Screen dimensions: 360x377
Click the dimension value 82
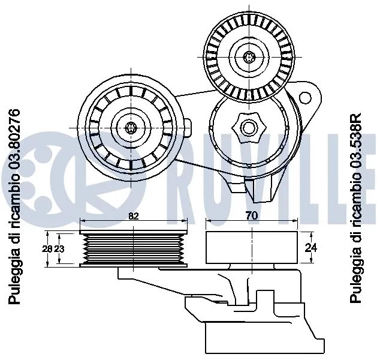(134, 217)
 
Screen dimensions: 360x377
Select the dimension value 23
(59, 248)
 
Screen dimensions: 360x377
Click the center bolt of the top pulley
(251, 57)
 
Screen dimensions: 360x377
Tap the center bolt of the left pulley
(132, 127)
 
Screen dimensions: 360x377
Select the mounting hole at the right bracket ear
(306, 97)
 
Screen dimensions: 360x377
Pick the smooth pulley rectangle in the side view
(251, 247)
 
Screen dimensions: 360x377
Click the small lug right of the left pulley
(188, 127)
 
